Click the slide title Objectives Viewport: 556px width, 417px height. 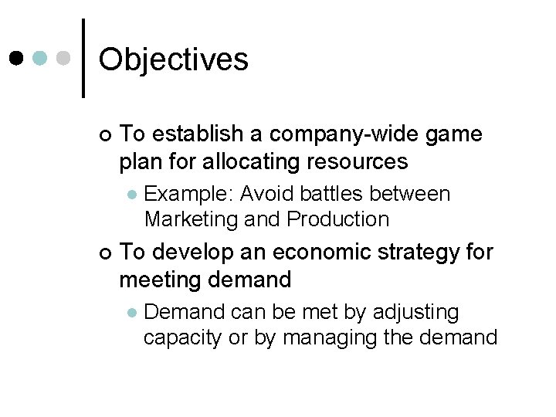coord(174,59)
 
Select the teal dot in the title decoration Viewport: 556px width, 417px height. coord(42,59)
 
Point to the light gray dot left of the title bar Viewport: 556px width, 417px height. coord(65,59)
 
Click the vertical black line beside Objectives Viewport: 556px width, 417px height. coord(83,58)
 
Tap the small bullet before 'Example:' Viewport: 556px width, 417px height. coord(132,194)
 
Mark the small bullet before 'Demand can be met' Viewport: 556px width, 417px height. coord(132,313)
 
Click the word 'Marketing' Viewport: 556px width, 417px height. coord(191,219)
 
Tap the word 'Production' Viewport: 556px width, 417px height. coord(337,219)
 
